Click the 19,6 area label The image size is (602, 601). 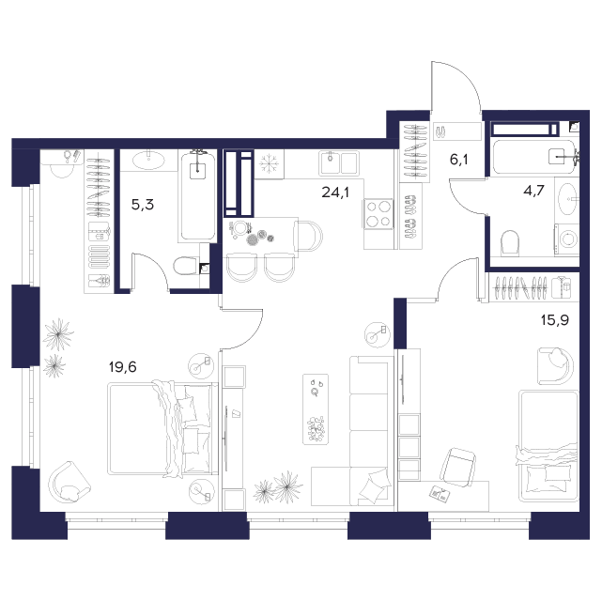(123, 367)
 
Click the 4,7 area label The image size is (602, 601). (534, 191)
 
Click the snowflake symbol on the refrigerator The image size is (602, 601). (269, 164)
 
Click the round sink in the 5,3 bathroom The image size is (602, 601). (147, 160)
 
